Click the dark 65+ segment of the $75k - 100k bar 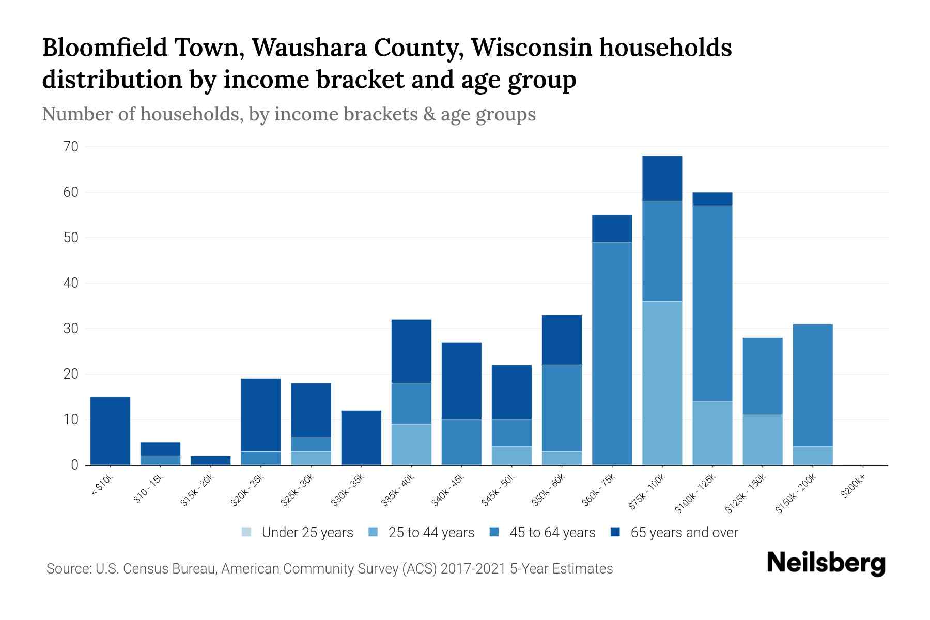(x=662, y=178)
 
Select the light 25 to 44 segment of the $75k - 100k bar (x=662, y=383)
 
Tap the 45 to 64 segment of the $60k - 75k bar (x=612, y=353)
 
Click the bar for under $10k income (x=110, y=431)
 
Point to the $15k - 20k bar (x=210, y=460)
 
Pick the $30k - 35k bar (x=361, y=438)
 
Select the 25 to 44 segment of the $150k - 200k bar (x=812, y=456)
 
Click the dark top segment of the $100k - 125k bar (x=712, y=199)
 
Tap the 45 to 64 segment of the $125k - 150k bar (x=762, y=376)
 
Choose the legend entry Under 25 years (x=297, y=532)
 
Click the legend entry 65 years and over (x=674, y=532)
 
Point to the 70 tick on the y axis (x=71, y=147)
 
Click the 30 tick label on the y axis (x=71, y=329)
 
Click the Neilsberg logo (x=826, y=563)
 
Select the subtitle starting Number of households (x=288, y=114)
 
